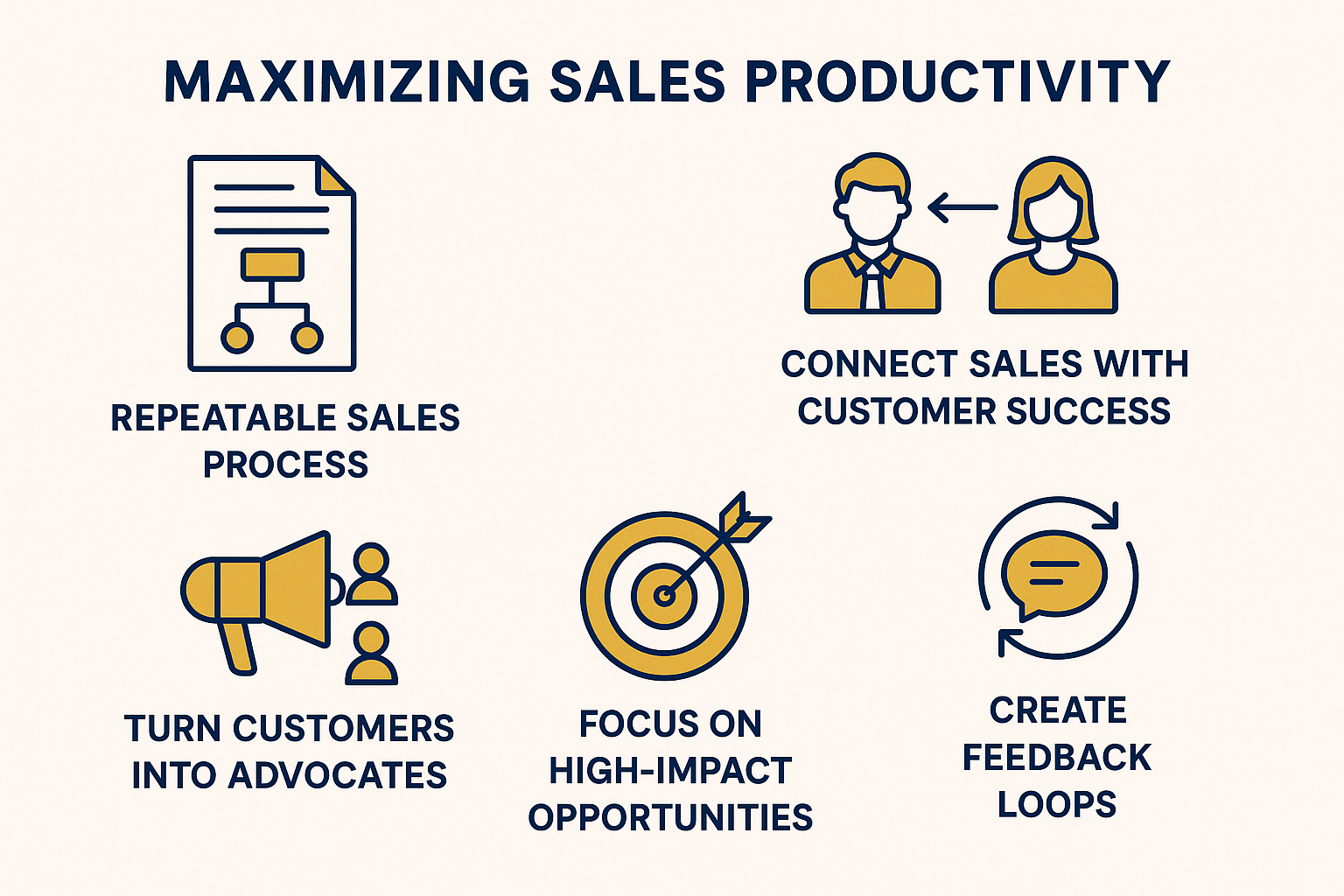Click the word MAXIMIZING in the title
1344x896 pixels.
point(346,81)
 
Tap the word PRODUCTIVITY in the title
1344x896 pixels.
point(959,81)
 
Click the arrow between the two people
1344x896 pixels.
point(963,207)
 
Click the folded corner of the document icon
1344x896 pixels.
point(333,178)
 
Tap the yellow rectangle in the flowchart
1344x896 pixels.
point(272,264)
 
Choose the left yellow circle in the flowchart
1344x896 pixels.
point(237,338)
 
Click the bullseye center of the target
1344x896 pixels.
point(664,596)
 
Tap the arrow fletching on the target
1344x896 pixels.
point(745,519)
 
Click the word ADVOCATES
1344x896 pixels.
point(338,774)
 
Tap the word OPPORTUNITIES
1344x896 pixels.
point(670,817)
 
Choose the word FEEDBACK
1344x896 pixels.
point(1057,758)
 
